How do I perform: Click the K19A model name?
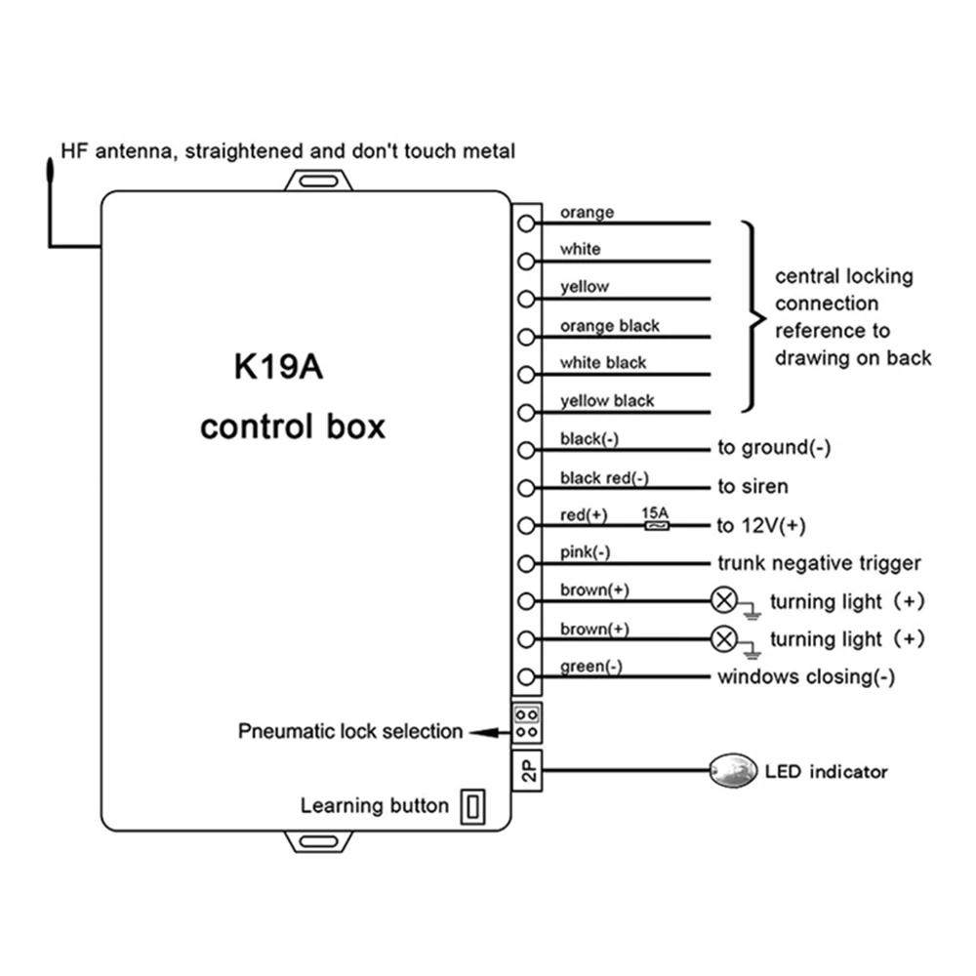pyautogui.click(x=278, y=366)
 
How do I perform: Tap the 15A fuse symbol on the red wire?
pyautogui.click(x=657, y=526)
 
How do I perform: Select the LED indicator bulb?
pyautogui.click(x=733, y=771)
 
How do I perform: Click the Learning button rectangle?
pyautogui.click(x=472, y=807)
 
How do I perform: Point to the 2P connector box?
pyautogui.click(x=527, y=771)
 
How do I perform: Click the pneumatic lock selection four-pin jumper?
pyautogui.click(x=527, y=722)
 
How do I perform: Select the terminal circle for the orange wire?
pyautogui.click(x=527, y=224)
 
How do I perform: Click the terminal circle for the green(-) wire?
pyautogui.click(x=527, y=676)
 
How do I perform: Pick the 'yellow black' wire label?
pyautogui.click(x=607, y=401)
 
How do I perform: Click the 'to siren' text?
pyautogui.click(x=752, y=486)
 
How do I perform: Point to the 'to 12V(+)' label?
pyautogui.click(x=761, y=526)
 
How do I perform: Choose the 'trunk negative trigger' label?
pyautogui.click(x=819, y=563)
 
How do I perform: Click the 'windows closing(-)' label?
pyautogui.click(x=806, y=676)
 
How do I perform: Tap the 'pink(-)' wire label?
pyautogui.click(x=585, y=552)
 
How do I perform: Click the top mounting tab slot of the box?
pyautogui.click(x=318, y=182)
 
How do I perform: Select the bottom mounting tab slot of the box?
pyautogui.click(x=318, y=841)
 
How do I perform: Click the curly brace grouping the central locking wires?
pyautogui.click(x=754, y=317)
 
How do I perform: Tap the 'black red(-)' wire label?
pyautogui.click(x=604, y=478)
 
